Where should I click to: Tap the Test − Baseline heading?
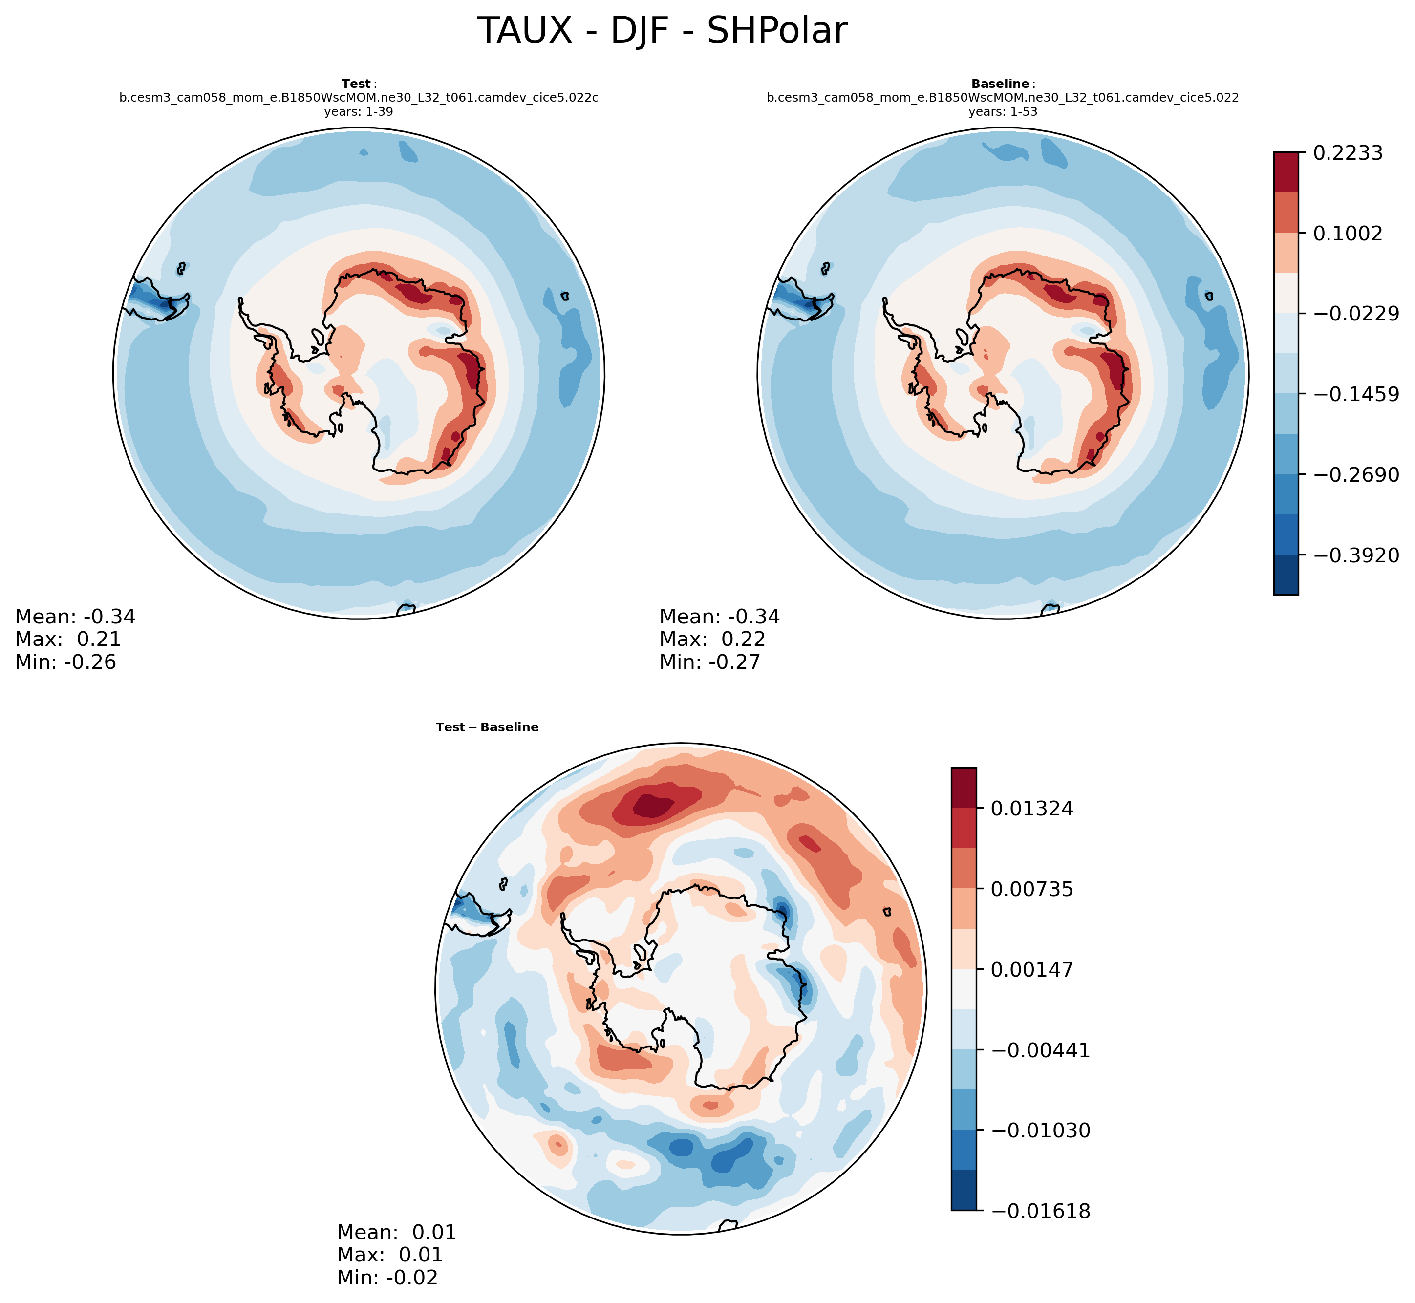pyautogui.click(x=487, y=727)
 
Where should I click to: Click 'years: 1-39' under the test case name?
pyautogui.click(x=358, y=111)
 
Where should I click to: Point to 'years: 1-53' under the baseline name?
pyautogui.click(x=1003, y=111)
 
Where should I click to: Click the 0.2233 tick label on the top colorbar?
pyautogui.click(x=1347, y=153)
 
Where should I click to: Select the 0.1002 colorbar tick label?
pyautogui.click(x=1347, y=234)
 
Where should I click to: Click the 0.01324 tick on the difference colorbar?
pyautogui.click(x=1031, y=809)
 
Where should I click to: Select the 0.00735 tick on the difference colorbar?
pyautogui.click(x=1031, y=889)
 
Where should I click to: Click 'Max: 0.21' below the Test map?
pyautogui.click(x=68, y=640)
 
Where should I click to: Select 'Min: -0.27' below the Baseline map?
pyautogui.click(x=709, y=662)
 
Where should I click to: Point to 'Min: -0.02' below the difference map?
pyautogui.click(x=387, y=1278)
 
